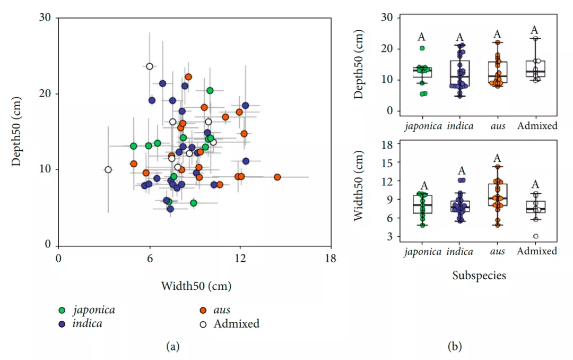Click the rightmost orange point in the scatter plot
pyautogui.click(x=277, y=177)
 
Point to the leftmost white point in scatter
pyautogui.click(x=108, y=170)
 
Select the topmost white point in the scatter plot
pyautogui.click(x=150, y=66)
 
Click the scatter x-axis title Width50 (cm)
pyautogui.click(x=196, y=286)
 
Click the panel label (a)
pyautogui.click(x=173, y=347)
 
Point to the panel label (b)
pyautogui.click(x=455, y=347)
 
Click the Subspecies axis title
pyautogui.click(x=479, y=276)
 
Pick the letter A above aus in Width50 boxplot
pyautogui.click(x=497, y=158)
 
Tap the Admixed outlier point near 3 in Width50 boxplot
pyautogui.click(x=536, y=236)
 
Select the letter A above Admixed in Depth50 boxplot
pyautogui.click(x=535, y=30)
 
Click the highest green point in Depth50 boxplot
pyautogui.click(x=422, y=48)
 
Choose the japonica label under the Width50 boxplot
pyautogui.click(x=423, y=252)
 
